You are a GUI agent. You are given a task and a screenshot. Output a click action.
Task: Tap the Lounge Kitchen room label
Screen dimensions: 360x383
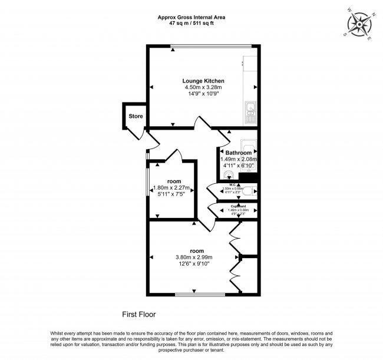203,81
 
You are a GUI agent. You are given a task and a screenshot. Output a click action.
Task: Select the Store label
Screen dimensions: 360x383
136,117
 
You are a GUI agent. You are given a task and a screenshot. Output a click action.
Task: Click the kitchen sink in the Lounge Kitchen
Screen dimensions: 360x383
250,108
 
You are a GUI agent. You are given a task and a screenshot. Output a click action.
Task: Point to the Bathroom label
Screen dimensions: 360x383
239,153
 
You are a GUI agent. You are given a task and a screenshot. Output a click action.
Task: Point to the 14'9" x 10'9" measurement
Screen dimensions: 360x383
203,94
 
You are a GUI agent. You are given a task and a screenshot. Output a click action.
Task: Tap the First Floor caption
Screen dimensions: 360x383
138,315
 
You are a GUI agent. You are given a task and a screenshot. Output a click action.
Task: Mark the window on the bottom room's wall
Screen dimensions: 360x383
200,293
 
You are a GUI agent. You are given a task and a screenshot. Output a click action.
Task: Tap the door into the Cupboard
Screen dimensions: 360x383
213,210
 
